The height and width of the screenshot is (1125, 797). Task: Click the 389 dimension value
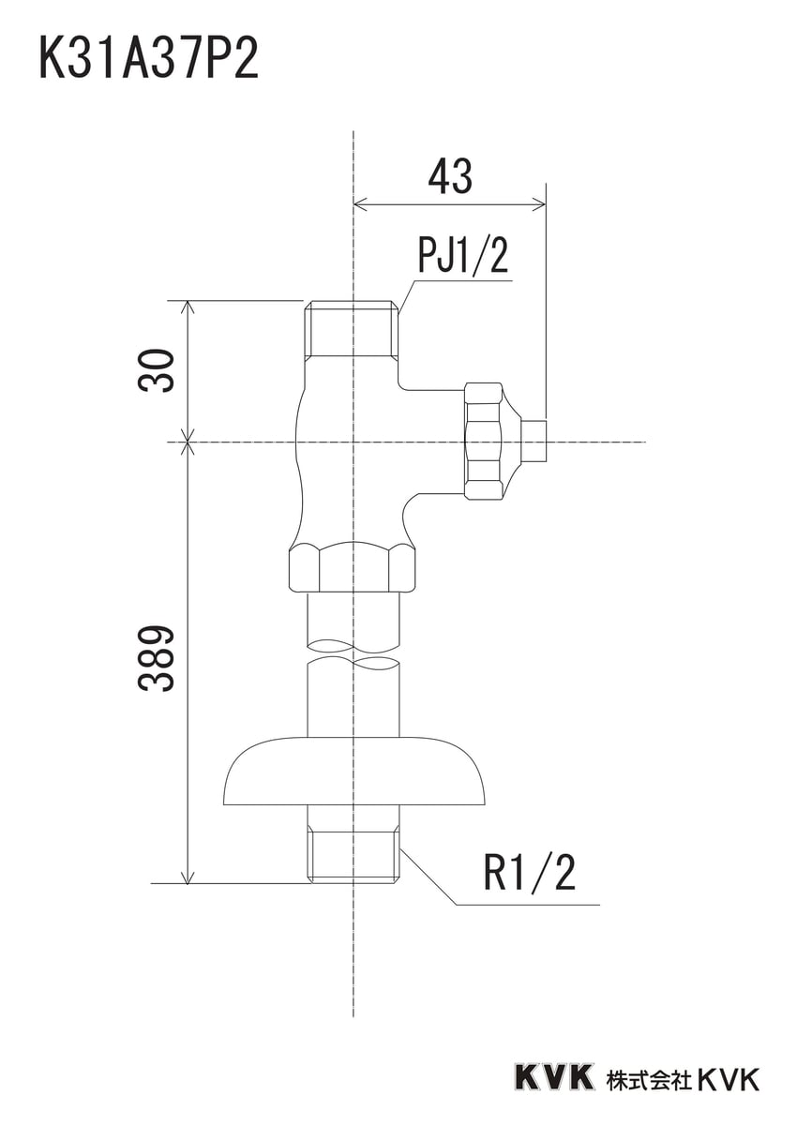click(x=158, y=658)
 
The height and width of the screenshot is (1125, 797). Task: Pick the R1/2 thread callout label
click(x=529, y=874)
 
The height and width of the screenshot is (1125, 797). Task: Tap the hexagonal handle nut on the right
click(x=484, y=440)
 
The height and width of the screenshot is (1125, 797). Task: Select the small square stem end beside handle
click(x=534, y=440)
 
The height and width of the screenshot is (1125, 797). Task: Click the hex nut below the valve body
click(x=353, y=569)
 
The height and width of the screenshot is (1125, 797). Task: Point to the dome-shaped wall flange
click(x=355, y=771)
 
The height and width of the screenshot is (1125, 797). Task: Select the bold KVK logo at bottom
click(x=553, y=1077)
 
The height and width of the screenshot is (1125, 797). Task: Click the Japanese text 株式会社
click(x=648, y=1078)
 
